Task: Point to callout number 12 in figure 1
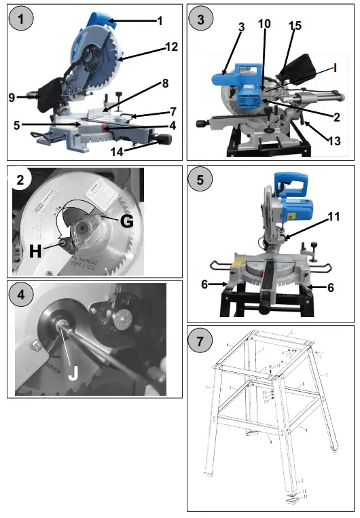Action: [x=171, y=47]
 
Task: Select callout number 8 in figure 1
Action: [x=164, y=84]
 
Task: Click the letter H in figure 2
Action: [x=37, y=251]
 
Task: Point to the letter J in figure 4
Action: [x=73, y=372]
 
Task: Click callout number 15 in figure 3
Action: [x=294, y=26]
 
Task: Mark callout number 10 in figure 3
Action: [x=264, y=24]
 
